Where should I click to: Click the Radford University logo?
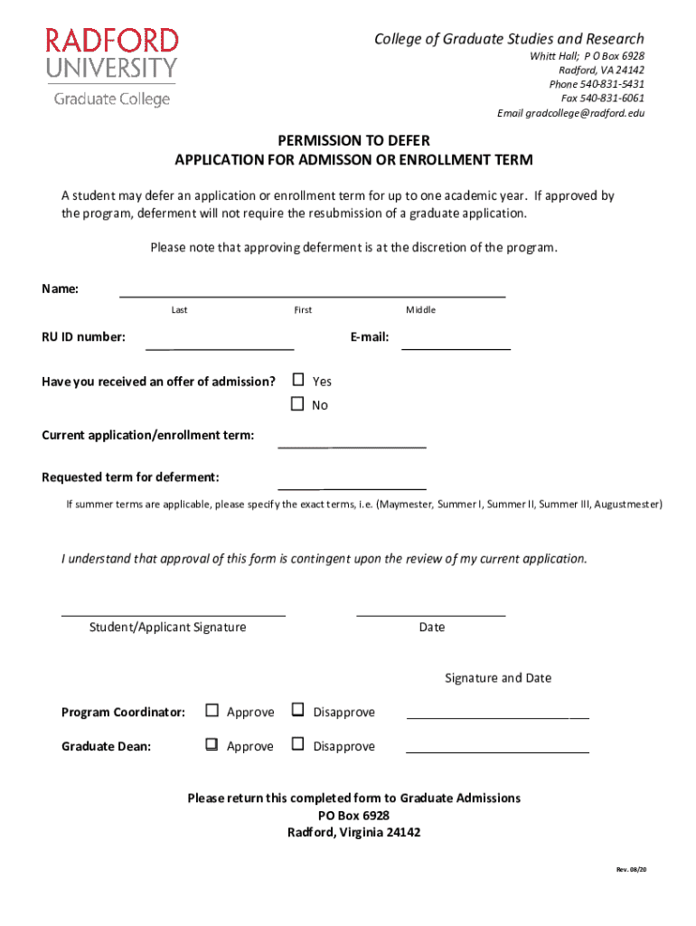click(113, 66)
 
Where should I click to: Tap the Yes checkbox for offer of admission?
click(297, 380)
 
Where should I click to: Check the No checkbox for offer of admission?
click(297, 404)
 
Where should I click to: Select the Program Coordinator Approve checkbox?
click(212, 711)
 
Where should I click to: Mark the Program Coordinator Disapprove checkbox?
click(297, 711)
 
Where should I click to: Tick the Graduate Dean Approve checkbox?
click(212, 745)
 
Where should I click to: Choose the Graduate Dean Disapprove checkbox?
click(297, 745)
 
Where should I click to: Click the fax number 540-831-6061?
click(613, 98)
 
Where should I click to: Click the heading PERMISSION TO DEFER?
click(353, 140)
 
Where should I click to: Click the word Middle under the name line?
click(420, 310)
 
